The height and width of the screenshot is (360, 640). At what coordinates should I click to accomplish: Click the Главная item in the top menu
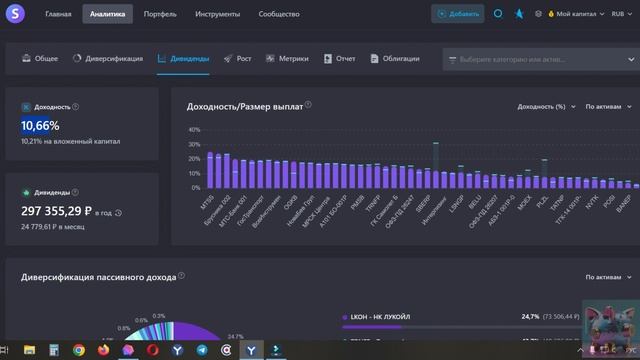pyautogui.click(x=58, y=15)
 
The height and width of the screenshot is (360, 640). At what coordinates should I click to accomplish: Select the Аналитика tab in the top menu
pyautogui.click(x=107, y=15)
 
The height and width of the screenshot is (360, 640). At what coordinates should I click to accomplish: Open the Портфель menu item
pyautogui.click(x=160, y=15)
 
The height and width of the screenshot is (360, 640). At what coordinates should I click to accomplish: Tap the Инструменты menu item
pyautogui.click(x=216, y=15)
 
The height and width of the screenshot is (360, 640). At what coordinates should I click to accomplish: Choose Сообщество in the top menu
pyautogui.click(x=278, y=15)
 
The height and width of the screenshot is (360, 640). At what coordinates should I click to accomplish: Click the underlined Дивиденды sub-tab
pyautogui.click(x=189, y=59)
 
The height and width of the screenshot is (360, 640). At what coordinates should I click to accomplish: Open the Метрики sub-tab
pyautogui.click(x=292, y=59)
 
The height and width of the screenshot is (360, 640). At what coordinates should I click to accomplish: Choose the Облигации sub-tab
pyautogui.click(x=400, y=59)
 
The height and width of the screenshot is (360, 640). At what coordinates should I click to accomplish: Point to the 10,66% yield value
pyautogui.click(x=40, y=126)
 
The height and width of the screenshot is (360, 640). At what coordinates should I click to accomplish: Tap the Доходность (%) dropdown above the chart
pyautogui.click(x=541, y=106)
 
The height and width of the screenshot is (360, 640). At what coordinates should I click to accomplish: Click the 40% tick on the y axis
pyautogui.click(x=196, y=130)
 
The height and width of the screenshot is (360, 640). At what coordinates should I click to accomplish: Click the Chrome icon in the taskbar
pyautogui.click(x=79, y=350)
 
